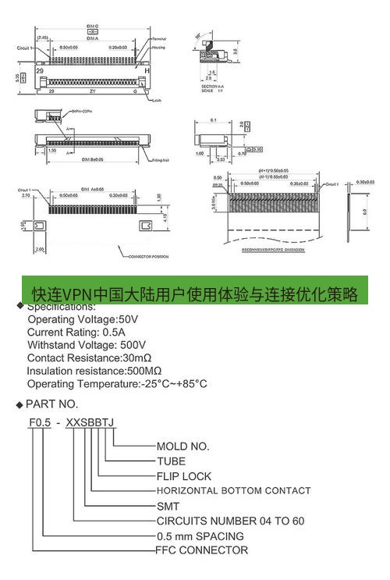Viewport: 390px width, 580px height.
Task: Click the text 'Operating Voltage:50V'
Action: pyautogui.click(x=83, y=319)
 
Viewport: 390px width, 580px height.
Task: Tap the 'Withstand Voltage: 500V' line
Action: pyautogui.click(x=87, y=345)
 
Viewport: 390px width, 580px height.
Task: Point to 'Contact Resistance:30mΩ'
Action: pyautogui.click(x=89, y=358)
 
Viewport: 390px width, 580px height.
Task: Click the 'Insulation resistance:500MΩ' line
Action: pyautogui.click(x=94, y=371)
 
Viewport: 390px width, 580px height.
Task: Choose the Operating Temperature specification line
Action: pyautogui.click(x=117, y=384)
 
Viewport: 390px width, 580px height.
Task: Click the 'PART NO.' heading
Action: pyautogui.click(x=52, y=404)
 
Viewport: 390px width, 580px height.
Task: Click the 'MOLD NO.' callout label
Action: pyautogui.click(x=183, y=447)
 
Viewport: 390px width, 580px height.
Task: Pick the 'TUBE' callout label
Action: pyautogui.click(x=171, y=461)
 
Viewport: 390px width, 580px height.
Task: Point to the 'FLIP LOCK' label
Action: pyautogui.click(x=184, y=476)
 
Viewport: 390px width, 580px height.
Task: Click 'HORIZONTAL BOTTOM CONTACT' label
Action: pyautogui.click(x=234, y=491)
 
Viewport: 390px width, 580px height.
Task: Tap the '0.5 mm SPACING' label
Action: pyautogui.click(x=200, y=536)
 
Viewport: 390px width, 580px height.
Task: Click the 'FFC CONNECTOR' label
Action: pyautogui.click(x=203, y=550)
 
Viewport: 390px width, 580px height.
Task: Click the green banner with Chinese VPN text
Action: pyautogui.click(x=194, y=293)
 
